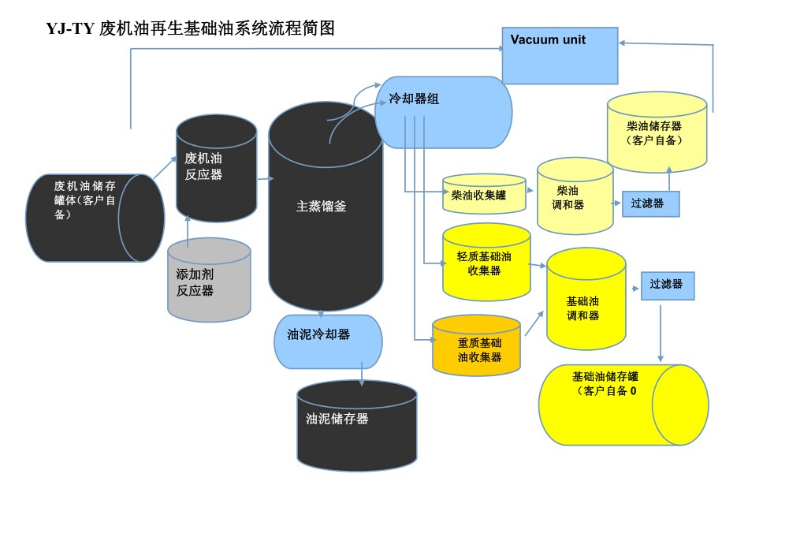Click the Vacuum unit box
[560, 55]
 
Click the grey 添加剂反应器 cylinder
[209, 281]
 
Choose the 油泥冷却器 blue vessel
[328, 341]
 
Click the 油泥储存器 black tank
[356, 426]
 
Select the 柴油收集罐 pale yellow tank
[483, 194]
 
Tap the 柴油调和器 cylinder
[575, 196]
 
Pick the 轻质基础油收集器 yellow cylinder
[486, 262]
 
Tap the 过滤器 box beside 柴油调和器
[649, 203]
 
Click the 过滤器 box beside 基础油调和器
[667, 285]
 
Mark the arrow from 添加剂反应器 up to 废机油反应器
[188, 230]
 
